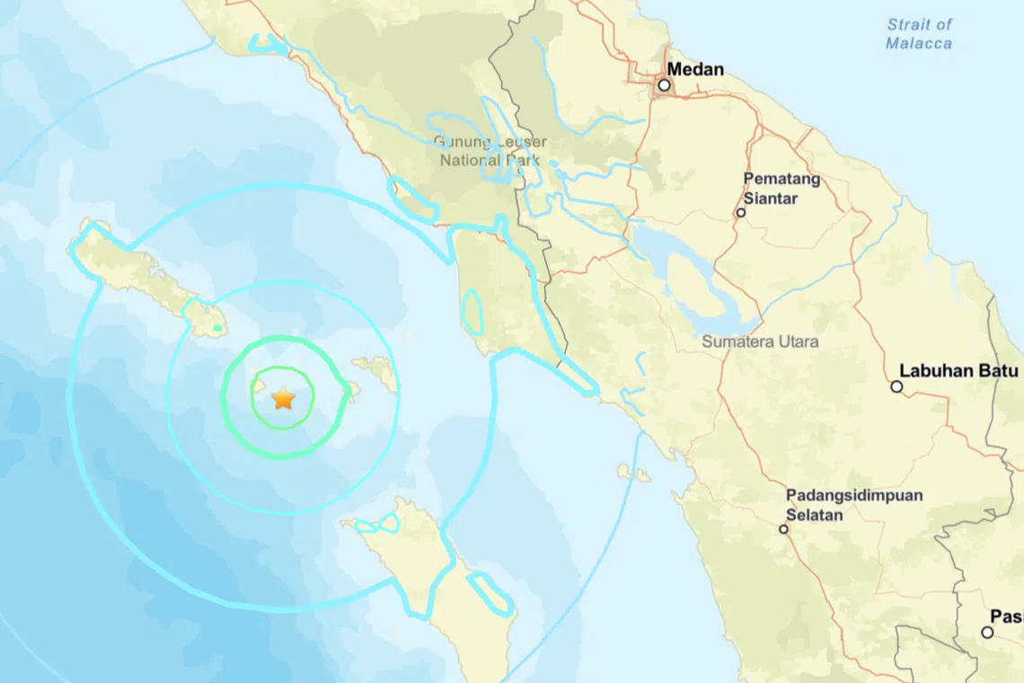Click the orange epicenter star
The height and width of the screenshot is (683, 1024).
(283, 398)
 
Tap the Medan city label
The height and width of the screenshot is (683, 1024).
(694, 69)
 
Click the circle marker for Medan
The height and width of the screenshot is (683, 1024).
(664, 85)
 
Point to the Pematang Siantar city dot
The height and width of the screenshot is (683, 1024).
(741, 213)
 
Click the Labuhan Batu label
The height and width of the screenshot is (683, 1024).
(958, 370)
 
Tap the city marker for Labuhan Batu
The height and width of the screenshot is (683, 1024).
(896, 386)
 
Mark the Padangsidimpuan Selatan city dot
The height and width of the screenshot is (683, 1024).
(783, 529)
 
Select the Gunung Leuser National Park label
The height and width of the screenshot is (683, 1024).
(490, 151)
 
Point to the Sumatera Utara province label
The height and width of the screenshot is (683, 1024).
(760, 342)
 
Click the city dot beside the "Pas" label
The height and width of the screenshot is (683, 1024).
(987, 633)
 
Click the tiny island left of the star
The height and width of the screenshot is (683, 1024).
(258, 386)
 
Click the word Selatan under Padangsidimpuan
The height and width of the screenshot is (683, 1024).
(815, 515)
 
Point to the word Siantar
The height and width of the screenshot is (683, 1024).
(770, 199)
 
